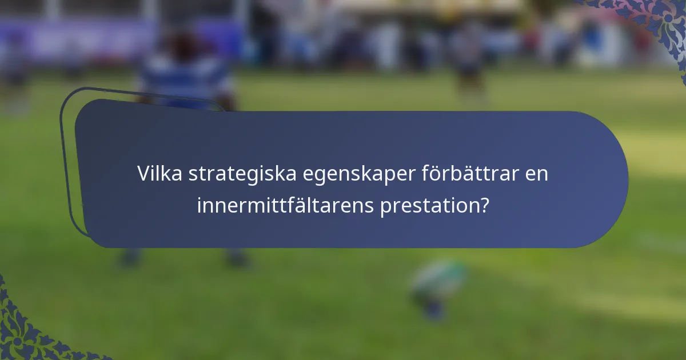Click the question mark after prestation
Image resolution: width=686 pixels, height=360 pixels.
click(x=484, y=205)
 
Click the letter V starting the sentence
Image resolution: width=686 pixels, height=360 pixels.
click(x=143, y=174)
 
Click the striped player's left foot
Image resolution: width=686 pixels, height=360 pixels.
click(x=130, y=258)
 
